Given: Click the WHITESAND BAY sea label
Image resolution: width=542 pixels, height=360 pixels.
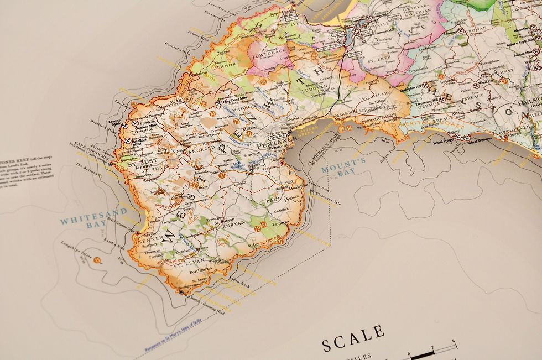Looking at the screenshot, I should [94, 216].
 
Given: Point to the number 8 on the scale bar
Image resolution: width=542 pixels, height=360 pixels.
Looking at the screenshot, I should [454, 341].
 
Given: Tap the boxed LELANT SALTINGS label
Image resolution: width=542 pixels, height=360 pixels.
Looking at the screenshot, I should [331, 48].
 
